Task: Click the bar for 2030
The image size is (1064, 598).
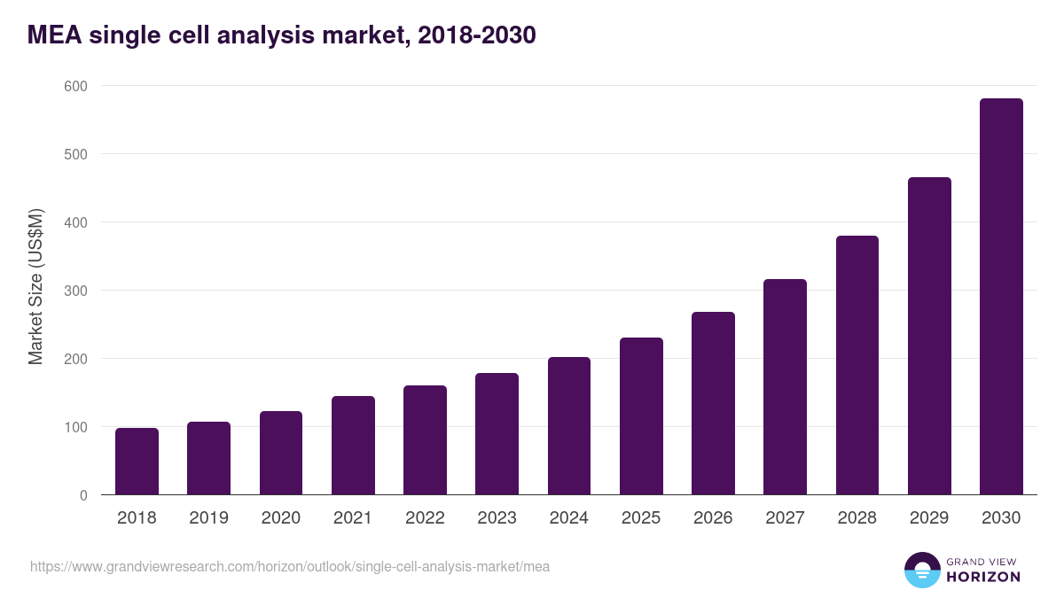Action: point(1001,297)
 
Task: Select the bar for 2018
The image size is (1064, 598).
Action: point(137,462)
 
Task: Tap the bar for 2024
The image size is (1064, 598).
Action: point(568,426)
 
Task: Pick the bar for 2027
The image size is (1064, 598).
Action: point(785,387)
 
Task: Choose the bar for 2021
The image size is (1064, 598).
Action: point(353,446)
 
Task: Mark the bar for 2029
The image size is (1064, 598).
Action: point(929,336)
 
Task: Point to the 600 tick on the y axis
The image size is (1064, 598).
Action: point(75,86)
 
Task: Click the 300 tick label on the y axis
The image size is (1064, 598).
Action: point(75,291)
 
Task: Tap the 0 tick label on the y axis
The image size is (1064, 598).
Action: point(83,495)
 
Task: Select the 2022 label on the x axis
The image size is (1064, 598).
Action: point(425,518)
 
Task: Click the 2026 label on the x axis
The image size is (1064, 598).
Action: point(713,518)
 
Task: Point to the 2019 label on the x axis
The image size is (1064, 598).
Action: point(208,518)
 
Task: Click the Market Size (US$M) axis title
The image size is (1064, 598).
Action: point(35,286)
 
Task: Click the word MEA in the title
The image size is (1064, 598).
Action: point(55,35)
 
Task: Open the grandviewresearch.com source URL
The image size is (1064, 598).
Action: point(290,566)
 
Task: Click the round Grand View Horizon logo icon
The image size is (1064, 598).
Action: point(921,570)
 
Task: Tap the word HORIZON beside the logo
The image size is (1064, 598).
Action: point(983,577)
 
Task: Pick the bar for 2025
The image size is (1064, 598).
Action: point(641,416)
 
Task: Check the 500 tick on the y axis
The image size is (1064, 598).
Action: point(75,154)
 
